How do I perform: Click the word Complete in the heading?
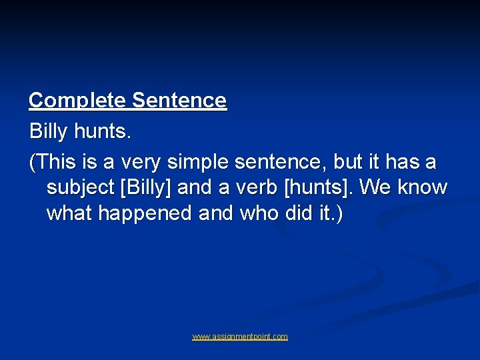click(x=78, y=101)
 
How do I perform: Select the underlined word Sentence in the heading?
click(x=179, y=101)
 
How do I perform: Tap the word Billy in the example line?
click(x=48, y=131)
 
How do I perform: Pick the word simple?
click(x=197, y=161)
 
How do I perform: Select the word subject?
click(x=80, y=187)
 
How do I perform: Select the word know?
click(x=423, y=187)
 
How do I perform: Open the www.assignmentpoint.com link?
click(x=240, y=337)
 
